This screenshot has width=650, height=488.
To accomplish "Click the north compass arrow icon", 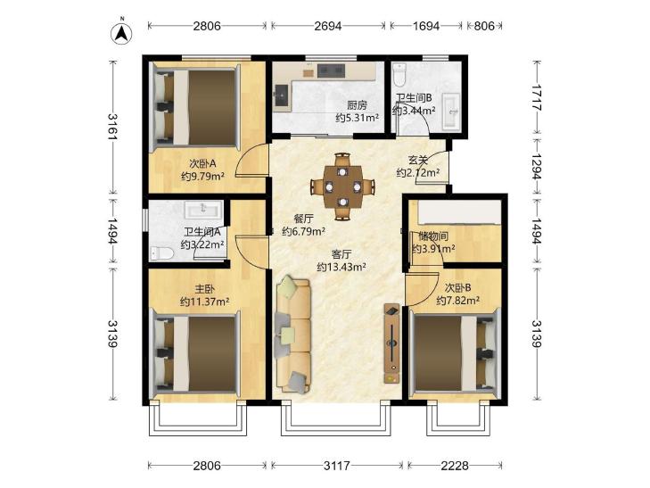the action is click(122, 33).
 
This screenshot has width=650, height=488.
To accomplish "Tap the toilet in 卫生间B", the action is click(399, 74).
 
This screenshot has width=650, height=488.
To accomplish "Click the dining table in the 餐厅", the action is click(342, 187).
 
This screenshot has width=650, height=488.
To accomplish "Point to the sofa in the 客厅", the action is click(292, 335).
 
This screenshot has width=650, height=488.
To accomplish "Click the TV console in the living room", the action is click(391, 343).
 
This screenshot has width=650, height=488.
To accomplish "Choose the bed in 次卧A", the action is click(196, 107).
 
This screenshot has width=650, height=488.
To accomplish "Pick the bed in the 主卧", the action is click(196, 353).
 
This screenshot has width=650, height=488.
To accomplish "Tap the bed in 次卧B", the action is click(455, 353).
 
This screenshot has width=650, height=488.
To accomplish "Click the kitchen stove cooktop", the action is click(331, 70).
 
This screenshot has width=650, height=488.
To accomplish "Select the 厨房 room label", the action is click(357, 105).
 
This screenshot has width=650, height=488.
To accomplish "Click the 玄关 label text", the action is click(417, 160).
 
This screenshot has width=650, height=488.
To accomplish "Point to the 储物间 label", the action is click(433, 236).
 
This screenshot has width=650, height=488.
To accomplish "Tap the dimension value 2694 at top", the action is click(327, 26).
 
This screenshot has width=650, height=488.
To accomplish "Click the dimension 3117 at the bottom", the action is click(337, 466).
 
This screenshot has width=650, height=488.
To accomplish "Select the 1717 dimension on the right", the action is click(537, 97).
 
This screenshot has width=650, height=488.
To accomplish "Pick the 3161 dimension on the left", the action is click(113, 126).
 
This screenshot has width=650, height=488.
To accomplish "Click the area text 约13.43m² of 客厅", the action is click(341, 267).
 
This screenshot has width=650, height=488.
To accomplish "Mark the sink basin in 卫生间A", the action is click(203, 210).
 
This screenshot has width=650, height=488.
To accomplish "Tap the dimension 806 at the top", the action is click(484, 26).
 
